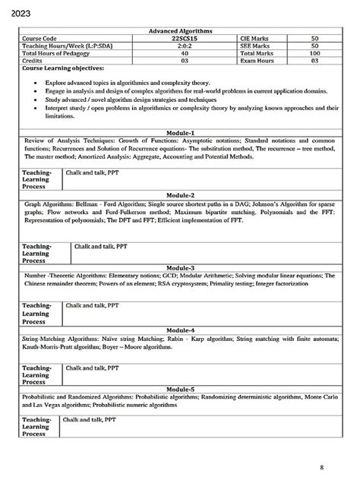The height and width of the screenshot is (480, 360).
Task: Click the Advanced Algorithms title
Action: click(180, 30)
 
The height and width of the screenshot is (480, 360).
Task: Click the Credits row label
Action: click(35, 60)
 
